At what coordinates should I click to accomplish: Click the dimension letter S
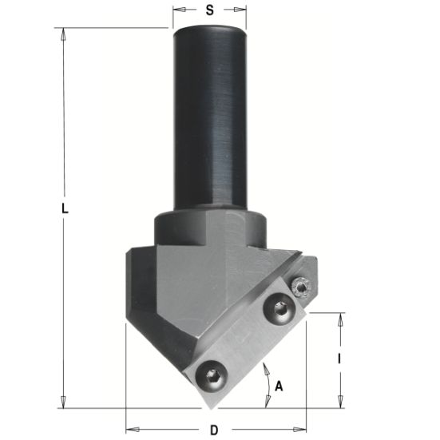click(210, 10)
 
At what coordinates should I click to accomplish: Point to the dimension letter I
click(340, 359)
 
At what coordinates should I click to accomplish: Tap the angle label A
click(279, 386)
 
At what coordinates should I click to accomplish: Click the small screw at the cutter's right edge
click(301, 287)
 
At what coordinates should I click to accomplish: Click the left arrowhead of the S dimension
click(178, 10)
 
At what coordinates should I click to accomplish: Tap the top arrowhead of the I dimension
click(342, 317)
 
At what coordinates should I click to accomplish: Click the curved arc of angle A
click(266, 377)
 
